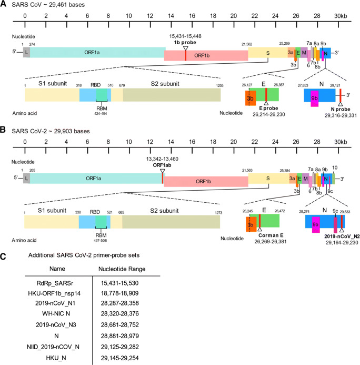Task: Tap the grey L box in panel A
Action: (26, 52)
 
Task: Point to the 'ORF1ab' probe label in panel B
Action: (162, 163)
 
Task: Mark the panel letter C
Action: (4, 257)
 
